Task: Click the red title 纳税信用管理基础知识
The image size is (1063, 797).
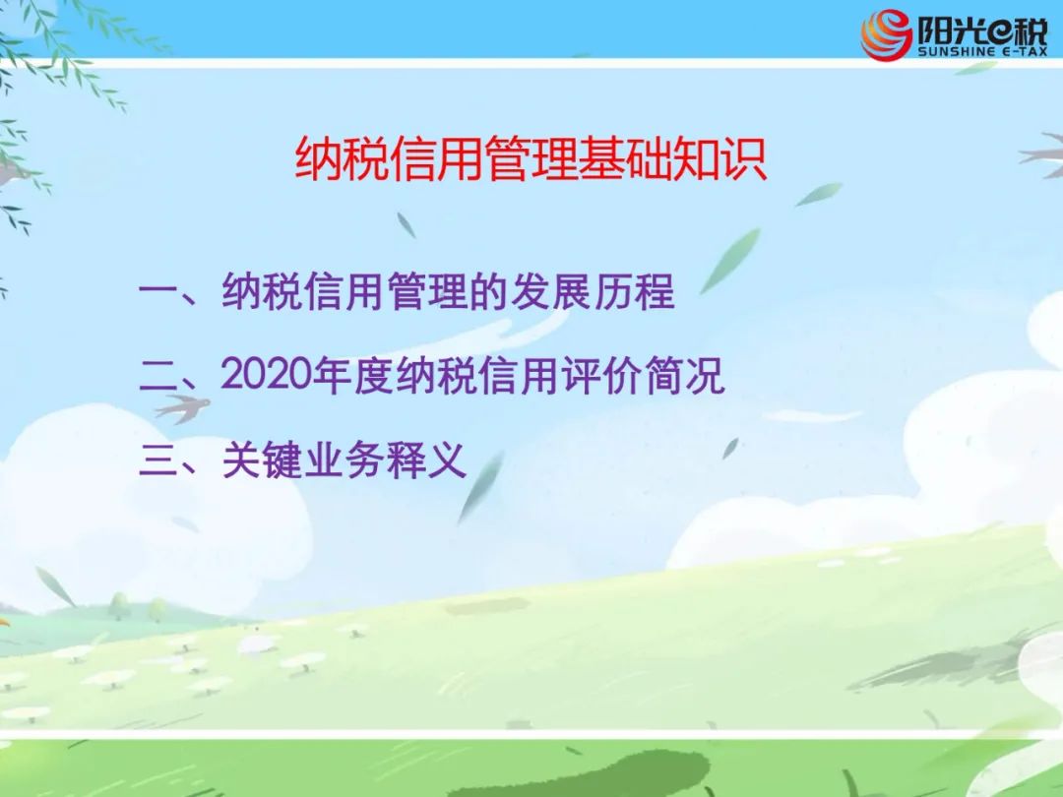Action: [x=531, y=160]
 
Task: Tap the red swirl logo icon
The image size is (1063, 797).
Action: [x=886, y=34]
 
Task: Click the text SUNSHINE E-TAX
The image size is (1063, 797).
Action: [x=982, y=51]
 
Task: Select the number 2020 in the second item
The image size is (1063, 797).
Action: [x=266, y=374]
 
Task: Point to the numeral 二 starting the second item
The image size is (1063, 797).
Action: [x=157, y=375]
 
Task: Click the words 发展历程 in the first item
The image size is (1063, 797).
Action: [x=592, y=291]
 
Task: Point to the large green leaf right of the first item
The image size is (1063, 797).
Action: [x=729, y=261]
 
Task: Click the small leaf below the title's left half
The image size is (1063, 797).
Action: [x=406, y=225]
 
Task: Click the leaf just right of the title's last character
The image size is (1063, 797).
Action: [x=818, y=194]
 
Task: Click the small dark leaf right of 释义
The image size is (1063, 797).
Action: [x=730, y=448]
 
